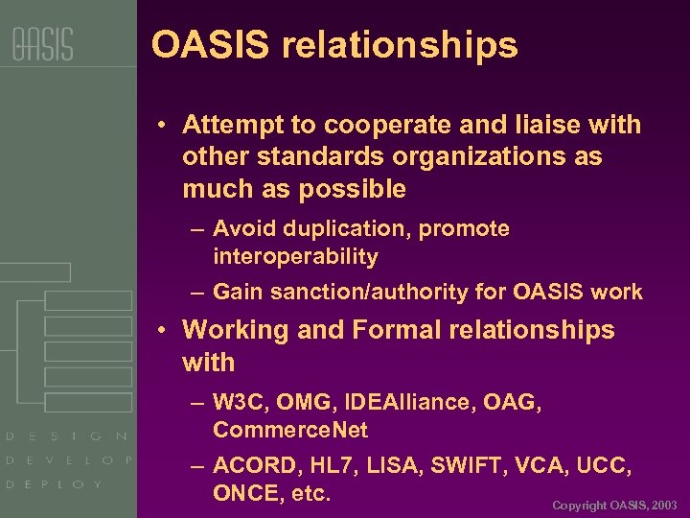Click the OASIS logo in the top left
pos(42,44)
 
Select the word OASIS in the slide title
pos(211,45)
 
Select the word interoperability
pos(295,257)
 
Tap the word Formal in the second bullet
pos(392,330)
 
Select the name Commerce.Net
pos(290,430)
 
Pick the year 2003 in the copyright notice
pos(663,505)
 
